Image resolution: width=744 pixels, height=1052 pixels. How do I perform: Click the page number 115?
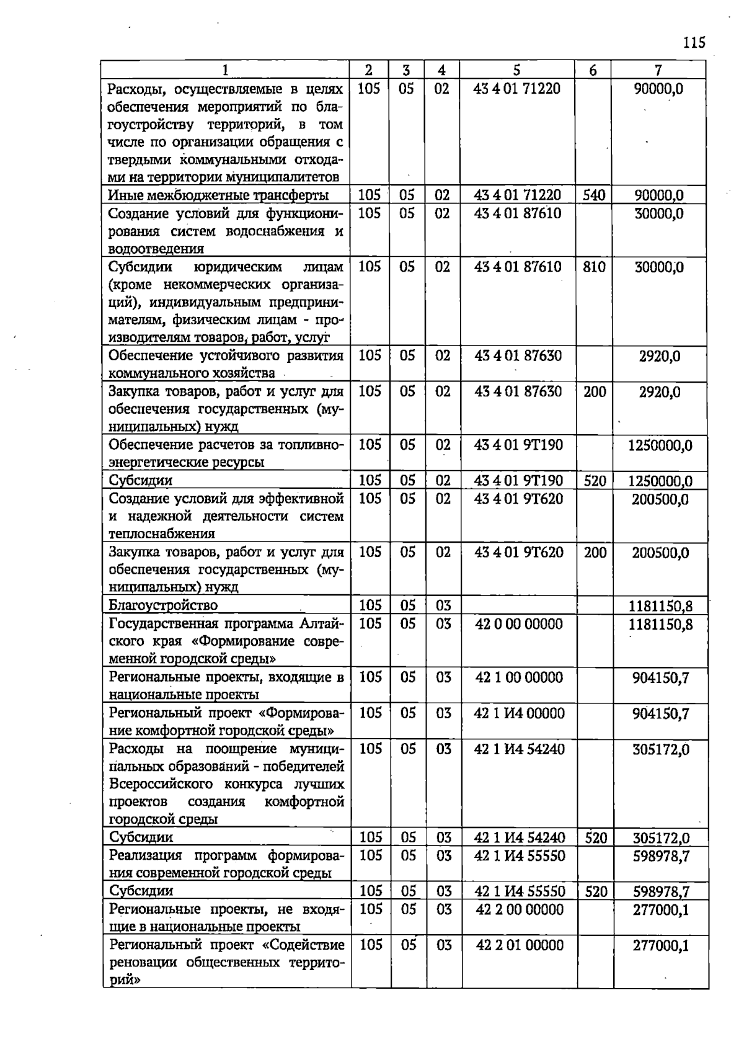[694, 43]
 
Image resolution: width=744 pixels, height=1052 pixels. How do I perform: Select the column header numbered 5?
[516, 70]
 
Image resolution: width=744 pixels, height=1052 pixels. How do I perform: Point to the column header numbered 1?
[225, 70]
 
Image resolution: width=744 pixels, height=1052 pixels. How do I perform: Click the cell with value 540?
[593, 195]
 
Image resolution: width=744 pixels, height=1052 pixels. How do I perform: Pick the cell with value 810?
[593, 267]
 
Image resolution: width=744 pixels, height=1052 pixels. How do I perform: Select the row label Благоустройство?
[163, 605]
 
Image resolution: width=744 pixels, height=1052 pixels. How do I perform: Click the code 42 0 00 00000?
[519, 623]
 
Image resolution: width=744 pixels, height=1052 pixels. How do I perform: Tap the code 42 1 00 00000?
[519, 677]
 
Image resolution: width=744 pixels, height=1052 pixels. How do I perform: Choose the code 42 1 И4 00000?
[519, 713]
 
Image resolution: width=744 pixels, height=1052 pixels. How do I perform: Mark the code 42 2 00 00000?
[520, 909]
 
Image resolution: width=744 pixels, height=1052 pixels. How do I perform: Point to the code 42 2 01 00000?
[520, 945]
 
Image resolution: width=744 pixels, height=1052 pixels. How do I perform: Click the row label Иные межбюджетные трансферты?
[218, 195]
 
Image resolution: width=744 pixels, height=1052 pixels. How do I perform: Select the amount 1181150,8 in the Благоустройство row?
[660, 605]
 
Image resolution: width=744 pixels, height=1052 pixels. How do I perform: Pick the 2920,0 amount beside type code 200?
[660, 391]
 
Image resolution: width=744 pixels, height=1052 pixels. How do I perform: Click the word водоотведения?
[156, 249]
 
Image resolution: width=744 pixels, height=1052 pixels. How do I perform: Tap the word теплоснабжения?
[162, 533]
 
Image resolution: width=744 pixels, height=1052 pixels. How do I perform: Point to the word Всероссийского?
[162, 784]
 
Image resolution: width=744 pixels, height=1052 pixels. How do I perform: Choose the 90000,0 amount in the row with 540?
[658, 196]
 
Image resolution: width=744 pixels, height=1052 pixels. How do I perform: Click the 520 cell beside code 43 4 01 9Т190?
[594, 481]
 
